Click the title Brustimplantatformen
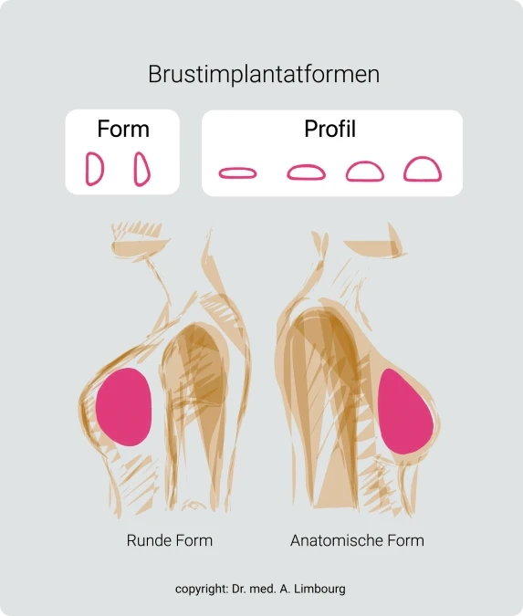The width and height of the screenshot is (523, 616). (x=264, y=74)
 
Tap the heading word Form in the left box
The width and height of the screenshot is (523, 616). (x=123, y=129)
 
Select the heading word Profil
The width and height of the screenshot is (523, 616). (x=329, y=129)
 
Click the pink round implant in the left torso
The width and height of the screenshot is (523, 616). (x=123, y=407)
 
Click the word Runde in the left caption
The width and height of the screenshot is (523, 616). (x=149, y=540)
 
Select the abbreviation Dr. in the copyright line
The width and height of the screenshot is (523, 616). (x=238, y=589)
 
